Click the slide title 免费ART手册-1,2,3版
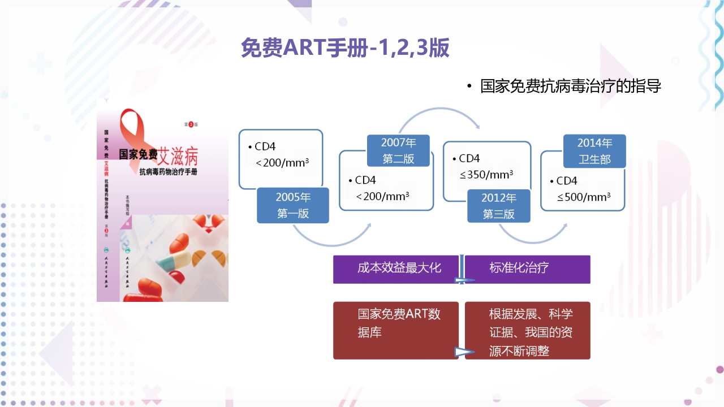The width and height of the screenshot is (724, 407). pyautogui.click(x=345, y=48)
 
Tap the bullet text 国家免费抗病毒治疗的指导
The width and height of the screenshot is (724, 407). pyautogui.click(x=570, y=86)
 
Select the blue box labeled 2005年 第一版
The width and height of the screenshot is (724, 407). pyautogui.click(x=293, y=205)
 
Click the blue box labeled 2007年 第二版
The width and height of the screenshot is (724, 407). pyautogui.click(x=398, y=150)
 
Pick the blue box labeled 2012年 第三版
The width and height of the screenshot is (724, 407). pyautogui.click(x=498, y=206)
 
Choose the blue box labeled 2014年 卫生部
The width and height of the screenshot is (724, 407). pyautogui.click(x=594, y=151)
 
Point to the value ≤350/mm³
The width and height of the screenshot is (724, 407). pyautogui.click(x=486, y=175)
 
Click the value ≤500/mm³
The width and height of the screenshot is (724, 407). pyautogui.click(x=584, y=197)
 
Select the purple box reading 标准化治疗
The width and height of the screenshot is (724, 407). pyautogui.click(x=519, y=268)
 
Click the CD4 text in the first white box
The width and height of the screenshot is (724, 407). pyautogui.click(x=265, y=146)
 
